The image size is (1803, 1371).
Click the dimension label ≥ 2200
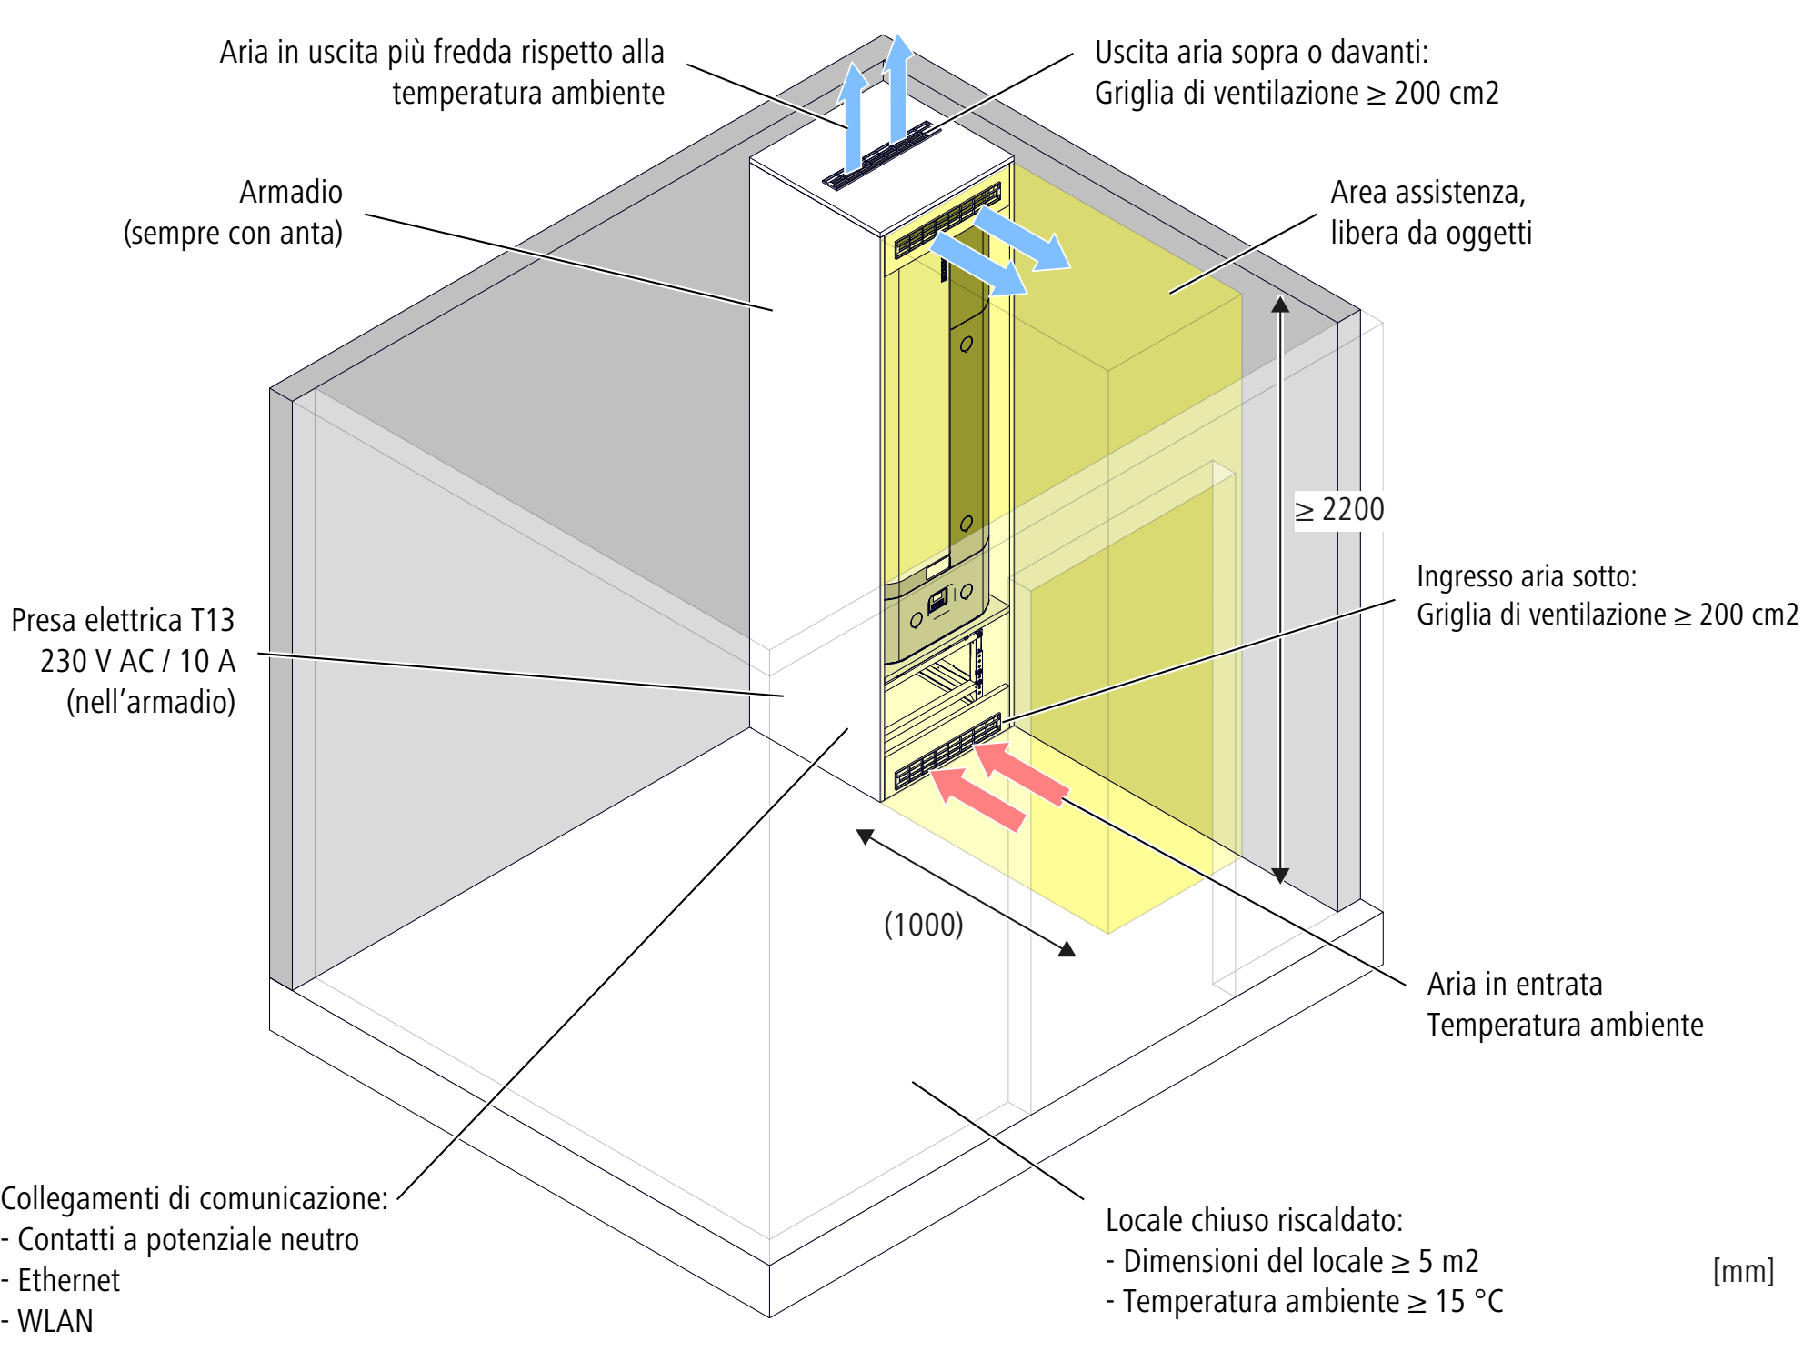(1339, 510)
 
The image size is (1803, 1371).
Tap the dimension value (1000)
(924, 925)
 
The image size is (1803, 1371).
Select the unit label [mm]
(1743, 1271)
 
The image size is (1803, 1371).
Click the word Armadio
(291, 192)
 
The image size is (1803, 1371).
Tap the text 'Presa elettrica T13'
(123, 620)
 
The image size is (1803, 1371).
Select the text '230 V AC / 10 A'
(137, 661)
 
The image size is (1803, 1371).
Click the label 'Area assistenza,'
(1428, 193)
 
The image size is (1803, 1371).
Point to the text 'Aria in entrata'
(1515, 984)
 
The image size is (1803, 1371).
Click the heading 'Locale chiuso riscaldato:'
(1255, 1220)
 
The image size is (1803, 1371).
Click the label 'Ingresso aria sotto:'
(1527, 576)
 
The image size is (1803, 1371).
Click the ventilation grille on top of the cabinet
(881, 155)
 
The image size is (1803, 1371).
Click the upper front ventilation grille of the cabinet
(947, 221)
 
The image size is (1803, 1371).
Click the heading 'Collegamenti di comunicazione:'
(195, 1198)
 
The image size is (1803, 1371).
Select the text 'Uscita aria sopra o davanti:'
(1262, 53)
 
